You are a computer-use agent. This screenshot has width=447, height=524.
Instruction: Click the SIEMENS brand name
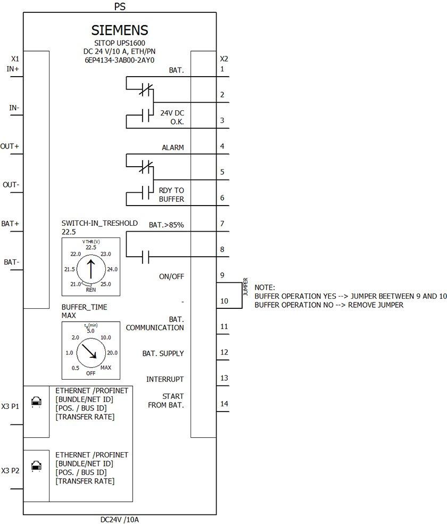coord(120,29)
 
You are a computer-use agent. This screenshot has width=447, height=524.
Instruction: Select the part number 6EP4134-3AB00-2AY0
coord(120,60)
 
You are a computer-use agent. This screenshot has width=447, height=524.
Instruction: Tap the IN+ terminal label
coord(13,69)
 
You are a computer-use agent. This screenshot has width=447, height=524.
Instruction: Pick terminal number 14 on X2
coord(224,404)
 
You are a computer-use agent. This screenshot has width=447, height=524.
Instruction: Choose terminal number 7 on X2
coord(222,224)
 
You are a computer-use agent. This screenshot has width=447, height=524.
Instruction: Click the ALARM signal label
coord(173,148)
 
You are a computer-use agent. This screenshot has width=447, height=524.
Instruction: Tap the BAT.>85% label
coord(166,225)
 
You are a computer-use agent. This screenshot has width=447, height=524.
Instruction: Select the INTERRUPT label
coord(165,379)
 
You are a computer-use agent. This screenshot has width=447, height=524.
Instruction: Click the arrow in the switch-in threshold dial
coord(90,268)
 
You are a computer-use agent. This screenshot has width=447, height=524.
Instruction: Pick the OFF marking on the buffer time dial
coord(91,373)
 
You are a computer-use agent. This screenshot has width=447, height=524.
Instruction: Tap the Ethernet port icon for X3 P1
coord(37,402)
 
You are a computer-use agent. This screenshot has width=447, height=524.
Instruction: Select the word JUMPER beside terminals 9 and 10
coord(246,286)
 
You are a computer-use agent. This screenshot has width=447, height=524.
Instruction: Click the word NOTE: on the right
coord(265,287)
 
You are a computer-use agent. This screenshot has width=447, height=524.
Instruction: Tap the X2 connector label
coord(224,59)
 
